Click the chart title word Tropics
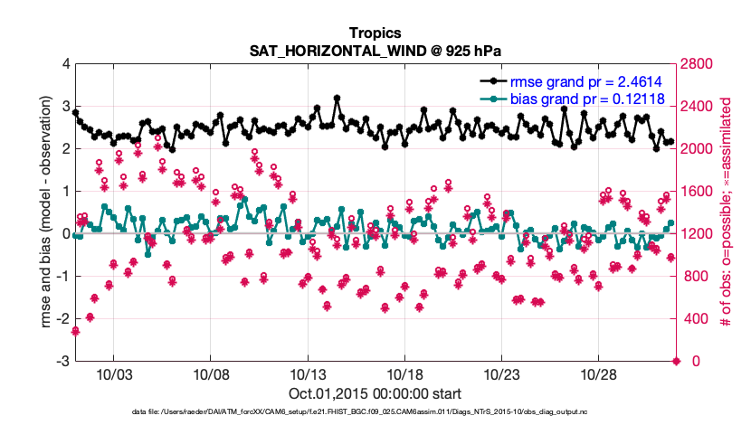click(375, 33)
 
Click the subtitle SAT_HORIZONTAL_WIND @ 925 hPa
click(375, 51)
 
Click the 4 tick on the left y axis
click(64, 64)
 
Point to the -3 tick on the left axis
click(62, 362)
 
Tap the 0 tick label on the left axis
click(64, 234)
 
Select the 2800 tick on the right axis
click(698, 64)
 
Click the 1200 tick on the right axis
click(698, 234)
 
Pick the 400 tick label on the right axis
click(694, 319)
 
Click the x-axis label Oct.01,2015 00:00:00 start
click(375, 394)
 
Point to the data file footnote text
click(375, 413)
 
